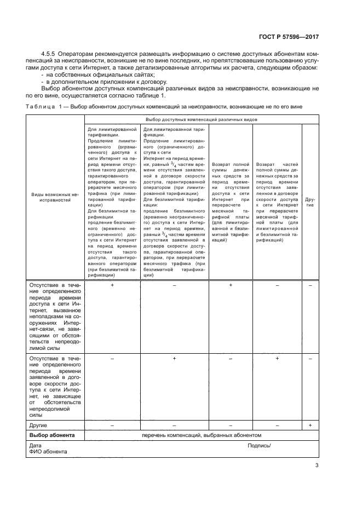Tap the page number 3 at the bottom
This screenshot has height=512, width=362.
tap(317, 466)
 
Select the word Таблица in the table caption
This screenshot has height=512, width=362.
tap(41, 106)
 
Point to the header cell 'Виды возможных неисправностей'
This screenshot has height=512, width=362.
tap(55, 198)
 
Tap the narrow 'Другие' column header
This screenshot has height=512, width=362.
tap(309, 202)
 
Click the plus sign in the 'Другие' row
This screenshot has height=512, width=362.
tap(310, 425)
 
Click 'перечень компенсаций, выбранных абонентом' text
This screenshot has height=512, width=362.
tap(202, 435)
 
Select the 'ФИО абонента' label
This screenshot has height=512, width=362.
tap(44, 452)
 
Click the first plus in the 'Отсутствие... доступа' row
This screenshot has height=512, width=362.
tap(112, 285)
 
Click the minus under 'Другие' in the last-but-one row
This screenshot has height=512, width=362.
tap(310, 358)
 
